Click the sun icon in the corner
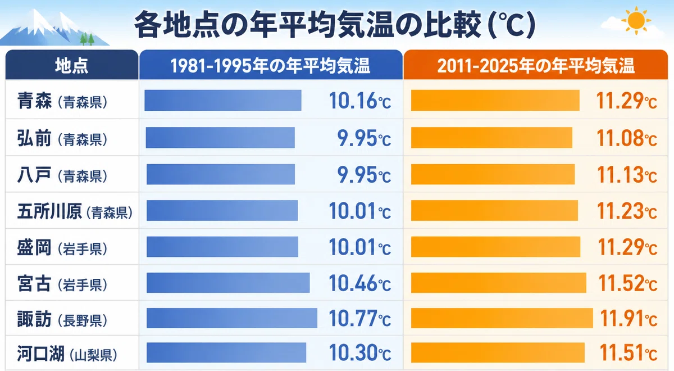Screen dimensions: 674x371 click(636, 20)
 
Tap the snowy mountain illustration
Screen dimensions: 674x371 click(54, 28)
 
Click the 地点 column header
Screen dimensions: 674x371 click(72, 65)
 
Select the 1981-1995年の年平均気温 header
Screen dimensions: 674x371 click(271, 65)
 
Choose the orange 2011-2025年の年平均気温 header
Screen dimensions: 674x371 click(536, 65)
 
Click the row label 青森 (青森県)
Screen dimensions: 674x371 click(62, 101)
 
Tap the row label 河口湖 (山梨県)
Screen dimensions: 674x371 click(67, 354)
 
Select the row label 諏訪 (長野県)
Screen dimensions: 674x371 click(62, 319)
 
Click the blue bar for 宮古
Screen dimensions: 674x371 click(228, 283)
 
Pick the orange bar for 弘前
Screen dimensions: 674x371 click(491, 138)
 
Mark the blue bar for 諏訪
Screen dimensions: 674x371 click(232, 318)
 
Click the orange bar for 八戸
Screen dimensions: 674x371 click(493, 174)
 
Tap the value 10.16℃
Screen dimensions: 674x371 click(360, 101)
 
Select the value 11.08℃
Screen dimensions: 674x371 click(627, 138)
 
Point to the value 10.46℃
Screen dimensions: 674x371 click(360, 283)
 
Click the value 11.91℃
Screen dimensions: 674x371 click(629, 319)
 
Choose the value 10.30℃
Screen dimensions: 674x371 click(360, 352)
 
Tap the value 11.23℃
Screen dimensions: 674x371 click(627, 211)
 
